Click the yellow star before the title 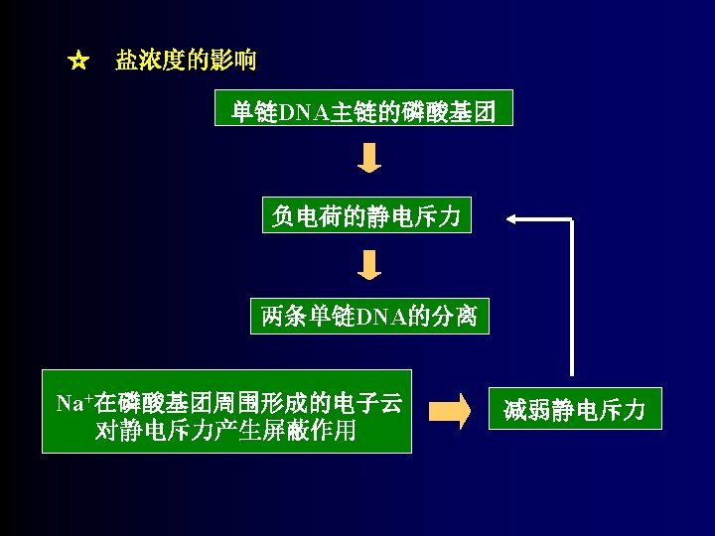(78, 62)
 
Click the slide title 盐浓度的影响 (186, 62)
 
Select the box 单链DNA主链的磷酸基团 (364, 110)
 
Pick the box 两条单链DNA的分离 (368, 317)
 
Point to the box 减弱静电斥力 (574, 409)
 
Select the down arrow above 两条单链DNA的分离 (369, 265)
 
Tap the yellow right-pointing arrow (451, 410)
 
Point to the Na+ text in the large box (72, 403)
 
